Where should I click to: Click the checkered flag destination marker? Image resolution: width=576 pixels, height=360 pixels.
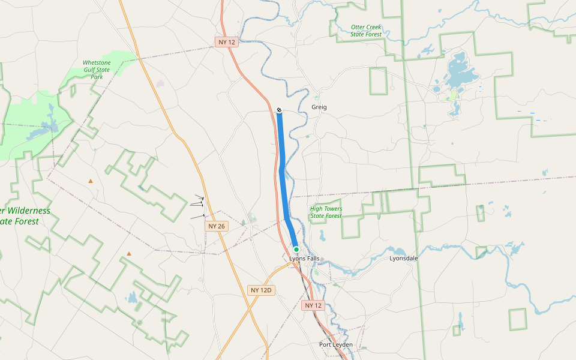point(279,110)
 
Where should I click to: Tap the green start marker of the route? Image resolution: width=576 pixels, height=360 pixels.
point(296,249)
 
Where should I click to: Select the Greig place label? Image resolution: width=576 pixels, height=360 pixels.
point(319,107)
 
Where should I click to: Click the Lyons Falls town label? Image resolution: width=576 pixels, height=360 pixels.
point(303,259)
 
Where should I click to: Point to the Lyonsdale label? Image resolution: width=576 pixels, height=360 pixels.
point(403,259)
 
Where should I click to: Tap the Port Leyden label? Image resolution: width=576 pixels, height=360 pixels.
point(335,345)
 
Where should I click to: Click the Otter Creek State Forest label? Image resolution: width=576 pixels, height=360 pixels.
point(366,31)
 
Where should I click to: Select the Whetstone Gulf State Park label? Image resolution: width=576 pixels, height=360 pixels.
point(97,70)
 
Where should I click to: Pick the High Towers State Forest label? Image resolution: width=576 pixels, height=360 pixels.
point(326,212)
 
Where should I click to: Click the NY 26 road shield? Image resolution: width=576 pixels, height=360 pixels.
point(216,226)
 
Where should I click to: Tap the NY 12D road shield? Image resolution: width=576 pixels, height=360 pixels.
point(261,290)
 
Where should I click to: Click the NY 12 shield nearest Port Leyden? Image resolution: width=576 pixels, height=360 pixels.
point(313,305)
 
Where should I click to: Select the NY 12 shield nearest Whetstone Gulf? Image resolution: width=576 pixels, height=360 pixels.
point(226,42)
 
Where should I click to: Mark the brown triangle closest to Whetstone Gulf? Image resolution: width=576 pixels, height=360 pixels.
point(91,181)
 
